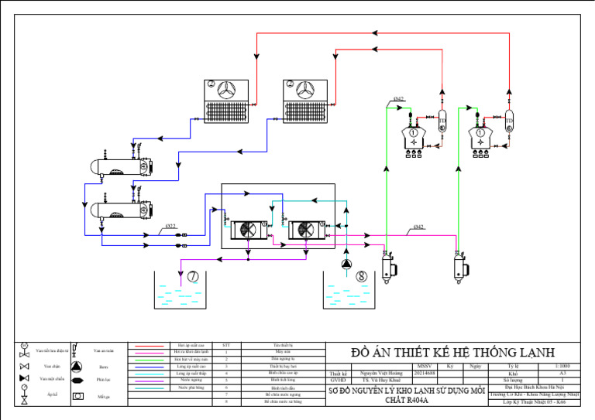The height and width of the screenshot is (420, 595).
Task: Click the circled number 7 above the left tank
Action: [x=192, y=275]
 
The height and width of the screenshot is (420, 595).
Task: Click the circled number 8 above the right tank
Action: [x=361, y=275]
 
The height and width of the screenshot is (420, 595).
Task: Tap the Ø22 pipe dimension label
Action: [x=170, y=227]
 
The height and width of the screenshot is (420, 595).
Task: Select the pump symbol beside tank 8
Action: [x=345, y=264]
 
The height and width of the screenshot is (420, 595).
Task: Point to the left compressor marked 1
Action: [x=414, y=134]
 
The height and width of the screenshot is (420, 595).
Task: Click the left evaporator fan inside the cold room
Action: [x=250, y=229]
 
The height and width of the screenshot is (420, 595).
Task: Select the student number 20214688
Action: [x=425, y=372]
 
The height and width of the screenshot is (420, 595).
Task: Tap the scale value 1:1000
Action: [x=562, y=365]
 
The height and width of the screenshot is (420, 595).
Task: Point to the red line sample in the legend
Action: [x=147, y=345]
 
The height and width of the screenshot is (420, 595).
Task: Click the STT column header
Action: [x=225, y=345]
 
